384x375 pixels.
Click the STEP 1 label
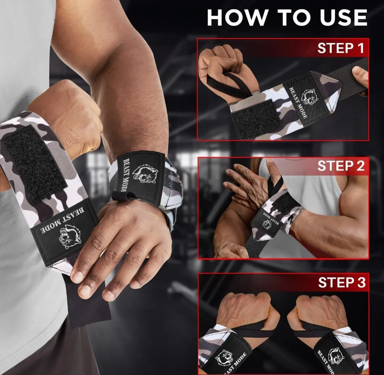click(x=341, y=48)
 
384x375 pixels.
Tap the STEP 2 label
click(x=341, y=166)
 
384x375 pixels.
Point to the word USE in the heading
click(x=342, y=17)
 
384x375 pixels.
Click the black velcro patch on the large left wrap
click(x=34, y=160)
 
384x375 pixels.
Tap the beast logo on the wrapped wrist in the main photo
click(x=145, y=173)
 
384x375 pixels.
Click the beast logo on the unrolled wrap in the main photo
click(x=70, y=235)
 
